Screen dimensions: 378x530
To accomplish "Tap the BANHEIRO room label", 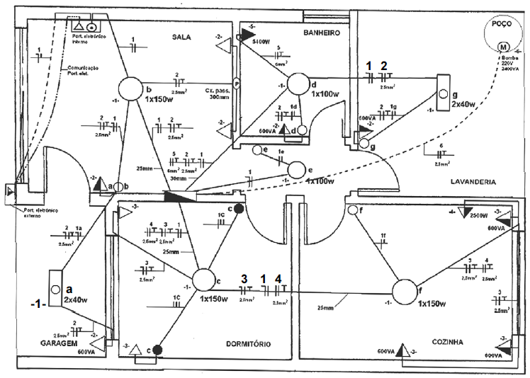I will pos(323,33).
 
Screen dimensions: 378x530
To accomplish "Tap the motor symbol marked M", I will pos(504,47).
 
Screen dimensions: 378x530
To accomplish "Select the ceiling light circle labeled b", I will pos(130,89).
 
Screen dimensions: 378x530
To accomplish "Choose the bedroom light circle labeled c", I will pos(203,282).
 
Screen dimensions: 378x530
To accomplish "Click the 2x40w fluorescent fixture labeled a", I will pos(55,290).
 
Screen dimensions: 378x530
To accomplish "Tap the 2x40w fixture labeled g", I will pos(444,94).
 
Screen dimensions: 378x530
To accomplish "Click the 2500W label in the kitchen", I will pos(478,214).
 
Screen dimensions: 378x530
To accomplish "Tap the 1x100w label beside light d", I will pos(325,94).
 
